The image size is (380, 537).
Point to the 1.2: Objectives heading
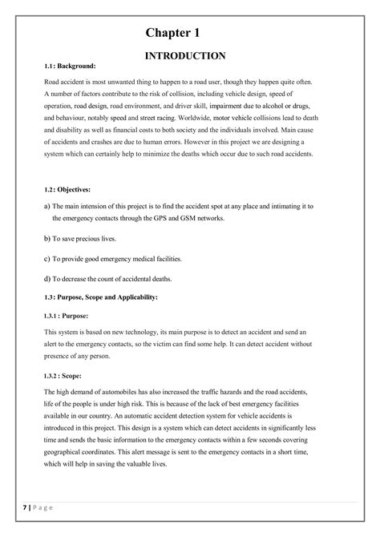[67, 189]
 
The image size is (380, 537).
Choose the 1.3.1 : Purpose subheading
[67, 316]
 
